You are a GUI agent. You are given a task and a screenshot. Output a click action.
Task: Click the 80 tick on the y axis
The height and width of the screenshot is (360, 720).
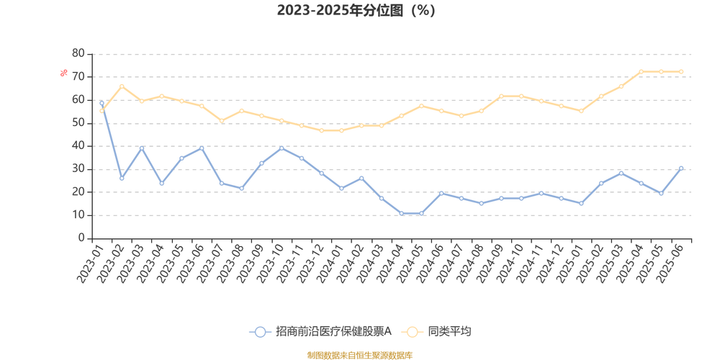(78, 52)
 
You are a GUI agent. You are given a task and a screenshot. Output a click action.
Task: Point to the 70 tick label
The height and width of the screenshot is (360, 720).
(78, 75)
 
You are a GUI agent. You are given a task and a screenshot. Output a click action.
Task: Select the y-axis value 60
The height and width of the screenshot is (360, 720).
(78, 99)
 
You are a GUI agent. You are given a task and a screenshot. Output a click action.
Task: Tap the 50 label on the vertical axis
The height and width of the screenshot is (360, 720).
(78, 122)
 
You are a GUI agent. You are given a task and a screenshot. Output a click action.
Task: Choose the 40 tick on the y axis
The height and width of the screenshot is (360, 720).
(78, 145)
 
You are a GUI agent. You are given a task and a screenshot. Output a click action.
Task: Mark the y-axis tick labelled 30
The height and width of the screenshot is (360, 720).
(78, 168)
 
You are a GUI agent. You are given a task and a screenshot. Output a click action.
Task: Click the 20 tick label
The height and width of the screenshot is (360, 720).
(78, 192)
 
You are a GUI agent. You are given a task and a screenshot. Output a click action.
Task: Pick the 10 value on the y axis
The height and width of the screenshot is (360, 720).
(78, 215)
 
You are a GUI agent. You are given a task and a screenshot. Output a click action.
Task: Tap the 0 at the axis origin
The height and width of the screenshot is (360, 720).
(81, 238)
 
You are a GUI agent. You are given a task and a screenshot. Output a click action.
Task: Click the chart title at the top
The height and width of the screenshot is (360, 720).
(356, 11)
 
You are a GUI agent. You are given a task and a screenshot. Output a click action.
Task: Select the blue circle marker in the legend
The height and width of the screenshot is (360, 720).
(260, 332)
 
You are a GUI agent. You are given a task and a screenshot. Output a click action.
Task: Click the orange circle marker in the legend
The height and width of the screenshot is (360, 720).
(413, 332)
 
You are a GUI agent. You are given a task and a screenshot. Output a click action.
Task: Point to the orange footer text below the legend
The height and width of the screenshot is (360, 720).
(359, 354)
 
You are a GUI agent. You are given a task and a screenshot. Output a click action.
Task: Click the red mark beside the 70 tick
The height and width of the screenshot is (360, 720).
(63, 72)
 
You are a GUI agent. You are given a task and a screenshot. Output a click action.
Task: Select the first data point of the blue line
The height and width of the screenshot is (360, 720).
(102, 105)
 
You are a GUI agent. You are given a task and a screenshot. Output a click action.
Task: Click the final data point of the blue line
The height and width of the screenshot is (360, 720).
(680, 167)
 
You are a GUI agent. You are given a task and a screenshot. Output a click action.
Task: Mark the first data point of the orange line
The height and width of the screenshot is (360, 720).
(102, 111)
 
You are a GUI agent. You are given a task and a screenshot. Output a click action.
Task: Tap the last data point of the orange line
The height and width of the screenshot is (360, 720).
(680, 71)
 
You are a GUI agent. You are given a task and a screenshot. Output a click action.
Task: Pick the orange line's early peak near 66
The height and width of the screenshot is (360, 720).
(122, 85)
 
